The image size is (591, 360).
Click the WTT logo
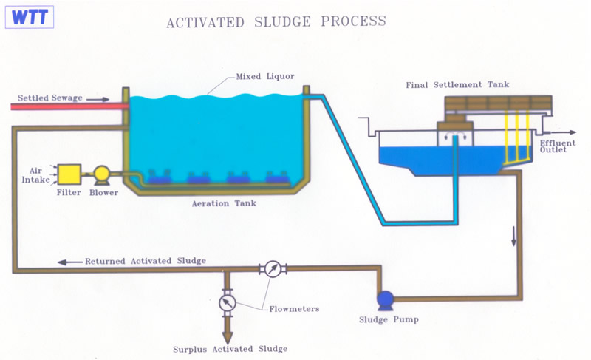[x=27, y=17]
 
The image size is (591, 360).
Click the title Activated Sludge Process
[x=276, y=21]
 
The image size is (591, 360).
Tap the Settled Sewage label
[x=50, y=98]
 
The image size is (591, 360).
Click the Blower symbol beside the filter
[x=102, y=174]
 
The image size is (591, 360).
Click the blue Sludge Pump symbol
[x=385, y=299]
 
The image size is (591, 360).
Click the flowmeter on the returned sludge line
[x=273, y=269]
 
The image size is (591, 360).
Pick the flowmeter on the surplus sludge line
[x=227, y=303]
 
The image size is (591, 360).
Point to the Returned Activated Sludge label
[x=145, y=261]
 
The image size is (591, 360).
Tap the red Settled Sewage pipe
[x=66, y=107]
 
